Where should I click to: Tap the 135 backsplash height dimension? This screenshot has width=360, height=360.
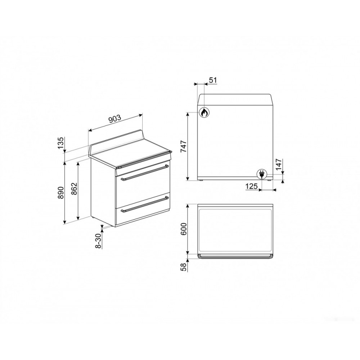point(60,143)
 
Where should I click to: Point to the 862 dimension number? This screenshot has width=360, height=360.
point(74,189)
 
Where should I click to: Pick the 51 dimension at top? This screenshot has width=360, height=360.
point(213,80)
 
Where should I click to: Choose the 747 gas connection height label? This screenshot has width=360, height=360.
point(184,147)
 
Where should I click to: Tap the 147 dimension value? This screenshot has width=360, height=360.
point(278,164)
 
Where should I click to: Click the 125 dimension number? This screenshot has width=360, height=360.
point(252,186)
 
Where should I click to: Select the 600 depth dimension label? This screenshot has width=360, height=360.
point(184,229)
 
